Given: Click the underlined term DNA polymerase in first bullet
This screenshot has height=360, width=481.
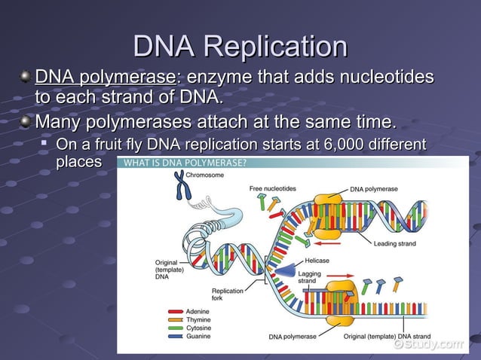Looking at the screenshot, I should [105, 78].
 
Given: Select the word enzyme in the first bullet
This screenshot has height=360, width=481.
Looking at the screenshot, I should [219, 78].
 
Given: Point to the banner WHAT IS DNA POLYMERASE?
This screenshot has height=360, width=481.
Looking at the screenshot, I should [185, 163].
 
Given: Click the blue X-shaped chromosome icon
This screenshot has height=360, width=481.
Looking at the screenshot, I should [180, 185].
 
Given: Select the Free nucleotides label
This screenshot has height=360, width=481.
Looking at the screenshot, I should [273, 188].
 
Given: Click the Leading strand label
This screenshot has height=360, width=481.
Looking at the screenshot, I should [397, 243].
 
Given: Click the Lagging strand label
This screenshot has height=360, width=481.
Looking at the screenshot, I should [308, 276].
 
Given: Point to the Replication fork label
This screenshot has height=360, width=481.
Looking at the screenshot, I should [227, 294].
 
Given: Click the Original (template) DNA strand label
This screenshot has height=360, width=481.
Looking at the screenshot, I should [387, 336].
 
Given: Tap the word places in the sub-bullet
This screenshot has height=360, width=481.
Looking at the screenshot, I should [78, 161].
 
